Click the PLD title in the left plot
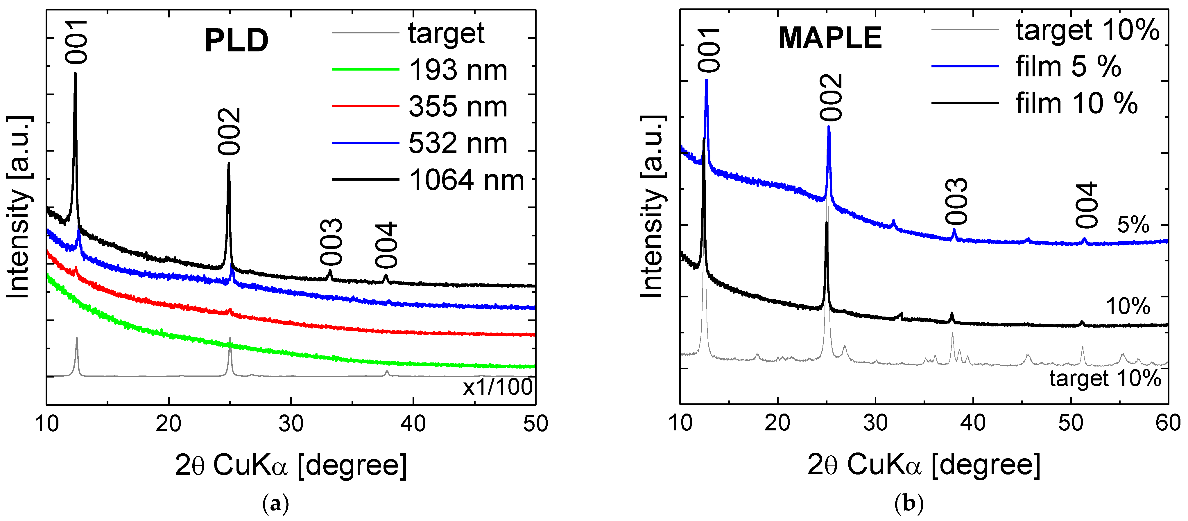click(236, 41)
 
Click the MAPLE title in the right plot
click(830, 38)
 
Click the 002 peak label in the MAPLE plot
click(832, 98)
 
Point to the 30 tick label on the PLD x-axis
click(291, 423)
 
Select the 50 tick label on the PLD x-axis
click(535, 423)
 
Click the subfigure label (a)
click(275, 504)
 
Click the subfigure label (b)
click(909, 504)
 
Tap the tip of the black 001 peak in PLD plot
click(75, 74)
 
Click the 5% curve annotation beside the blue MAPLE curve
click(1133, 225)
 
